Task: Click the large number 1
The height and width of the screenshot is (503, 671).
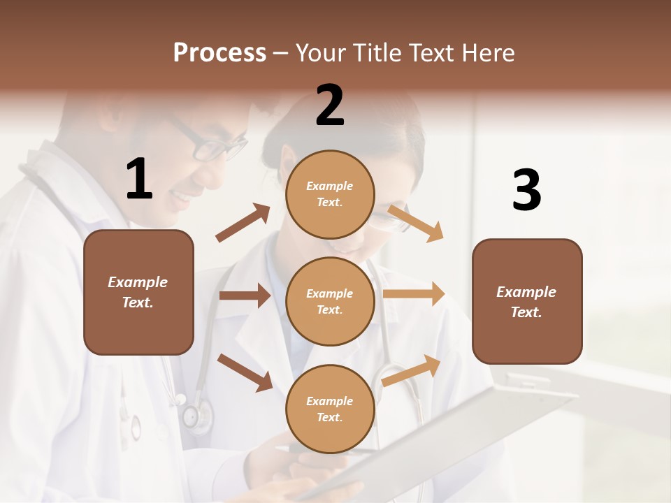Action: tap(139, 180)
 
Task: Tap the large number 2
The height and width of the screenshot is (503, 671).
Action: tap(330, 106)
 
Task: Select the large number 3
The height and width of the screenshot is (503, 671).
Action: tap(526, 191)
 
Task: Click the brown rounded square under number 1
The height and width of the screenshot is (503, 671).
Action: tap(138, 292)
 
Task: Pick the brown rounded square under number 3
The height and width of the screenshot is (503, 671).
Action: tap(527, 302)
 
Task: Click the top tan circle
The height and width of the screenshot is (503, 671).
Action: tap(330, 194)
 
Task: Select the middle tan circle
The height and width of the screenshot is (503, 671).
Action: tap(330, 301)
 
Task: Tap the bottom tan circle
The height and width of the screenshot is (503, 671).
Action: tap(330, 409)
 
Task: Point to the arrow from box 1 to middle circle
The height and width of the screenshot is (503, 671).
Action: tap(245, 296)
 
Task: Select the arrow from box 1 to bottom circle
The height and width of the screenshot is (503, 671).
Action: tap(245, 372)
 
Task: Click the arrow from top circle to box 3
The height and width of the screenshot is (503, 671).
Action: tap(416, 223)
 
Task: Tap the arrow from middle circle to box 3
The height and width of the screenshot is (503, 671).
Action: tap(414, 294)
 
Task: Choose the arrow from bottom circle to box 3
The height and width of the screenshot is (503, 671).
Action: tap(412, 370)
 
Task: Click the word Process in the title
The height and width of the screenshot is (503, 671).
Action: tap(219, 52)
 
